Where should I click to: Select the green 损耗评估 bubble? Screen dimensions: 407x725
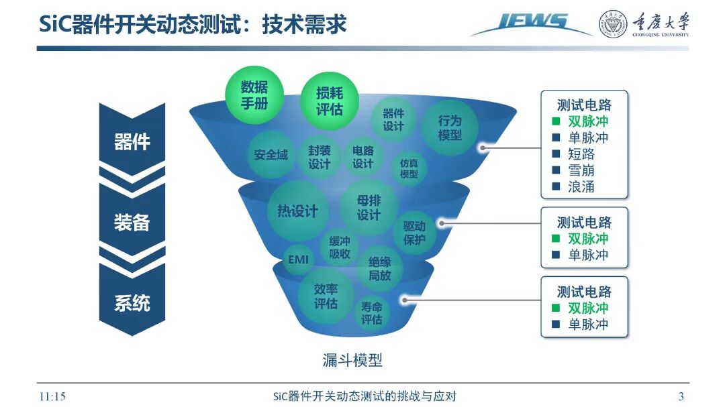329,101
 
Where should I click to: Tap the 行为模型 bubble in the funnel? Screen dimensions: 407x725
450,128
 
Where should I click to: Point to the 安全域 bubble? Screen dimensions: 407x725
271,155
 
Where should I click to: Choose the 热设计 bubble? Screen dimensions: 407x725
297,211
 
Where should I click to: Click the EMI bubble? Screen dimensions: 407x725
297,259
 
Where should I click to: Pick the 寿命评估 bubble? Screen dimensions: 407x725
372,314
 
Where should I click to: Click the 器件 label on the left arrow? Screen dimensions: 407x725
132,142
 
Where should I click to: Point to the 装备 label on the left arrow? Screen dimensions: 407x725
132,223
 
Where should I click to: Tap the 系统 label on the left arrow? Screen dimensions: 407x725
132,303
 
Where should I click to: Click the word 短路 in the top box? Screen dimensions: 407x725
581,154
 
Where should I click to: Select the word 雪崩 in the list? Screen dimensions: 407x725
581,170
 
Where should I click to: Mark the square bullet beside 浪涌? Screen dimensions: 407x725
556,186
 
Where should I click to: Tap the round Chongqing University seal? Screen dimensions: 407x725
613,24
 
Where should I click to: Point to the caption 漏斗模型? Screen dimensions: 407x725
352,360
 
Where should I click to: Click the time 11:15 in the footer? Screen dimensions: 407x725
52,396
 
